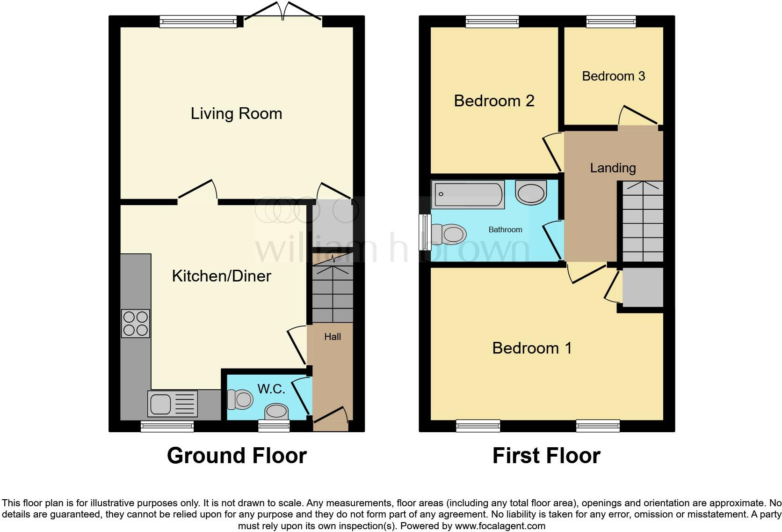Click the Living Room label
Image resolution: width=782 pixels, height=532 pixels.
236,114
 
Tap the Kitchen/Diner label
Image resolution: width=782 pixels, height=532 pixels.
221,276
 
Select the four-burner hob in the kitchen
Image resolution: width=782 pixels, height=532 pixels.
136,324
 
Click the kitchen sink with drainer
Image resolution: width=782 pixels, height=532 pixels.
172,404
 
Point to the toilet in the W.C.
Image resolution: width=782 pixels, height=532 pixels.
240,399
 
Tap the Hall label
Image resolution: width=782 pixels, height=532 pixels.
333,337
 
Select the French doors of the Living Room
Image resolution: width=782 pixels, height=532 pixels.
282,14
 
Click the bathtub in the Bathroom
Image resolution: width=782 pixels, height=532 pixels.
468,194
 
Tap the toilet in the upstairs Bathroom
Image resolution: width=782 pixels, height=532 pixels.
449,233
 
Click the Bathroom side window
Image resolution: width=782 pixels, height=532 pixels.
425,232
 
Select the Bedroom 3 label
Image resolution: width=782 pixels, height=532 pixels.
613,76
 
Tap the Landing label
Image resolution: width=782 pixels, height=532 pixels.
613,168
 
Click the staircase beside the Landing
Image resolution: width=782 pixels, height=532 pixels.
643,222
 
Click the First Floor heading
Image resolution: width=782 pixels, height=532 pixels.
546,456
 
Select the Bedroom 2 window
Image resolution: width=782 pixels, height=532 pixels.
492,21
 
